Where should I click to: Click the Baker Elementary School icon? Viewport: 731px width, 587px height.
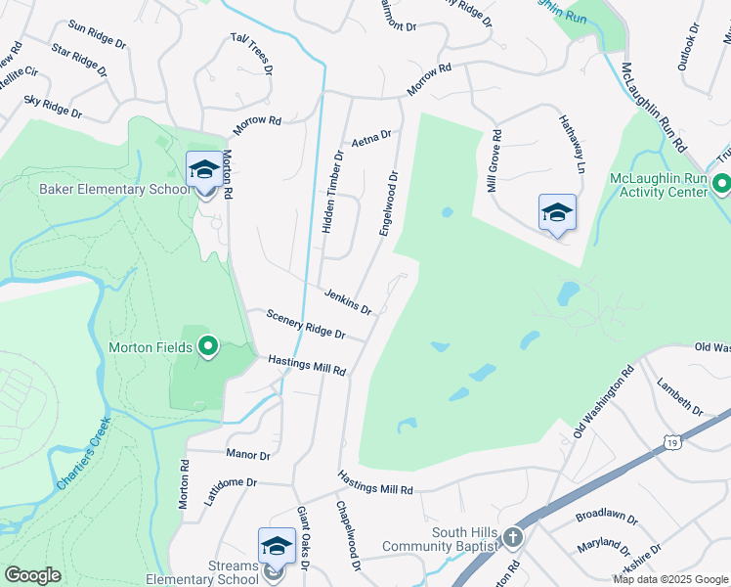203,170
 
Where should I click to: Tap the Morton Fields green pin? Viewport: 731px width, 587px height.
207,346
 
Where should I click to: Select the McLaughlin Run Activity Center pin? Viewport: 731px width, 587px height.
721,184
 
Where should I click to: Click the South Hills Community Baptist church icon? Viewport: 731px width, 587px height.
513,537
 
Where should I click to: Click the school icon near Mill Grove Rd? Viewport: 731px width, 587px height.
556,212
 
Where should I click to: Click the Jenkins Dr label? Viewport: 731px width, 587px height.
349,302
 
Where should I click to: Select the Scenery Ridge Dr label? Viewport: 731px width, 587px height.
306,324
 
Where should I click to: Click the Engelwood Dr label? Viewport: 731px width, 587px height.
388,203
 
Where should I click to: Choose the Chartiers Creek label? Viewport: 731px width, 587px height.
84,458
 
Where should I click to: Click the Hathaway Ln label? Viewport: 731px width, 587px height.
571,142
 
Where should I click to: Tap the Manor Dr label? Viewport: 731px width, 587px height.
247,455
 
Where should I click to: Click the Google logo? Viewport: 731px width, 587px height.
32,575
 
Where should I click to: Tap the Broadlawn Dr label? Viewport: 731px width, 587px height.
606,516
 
